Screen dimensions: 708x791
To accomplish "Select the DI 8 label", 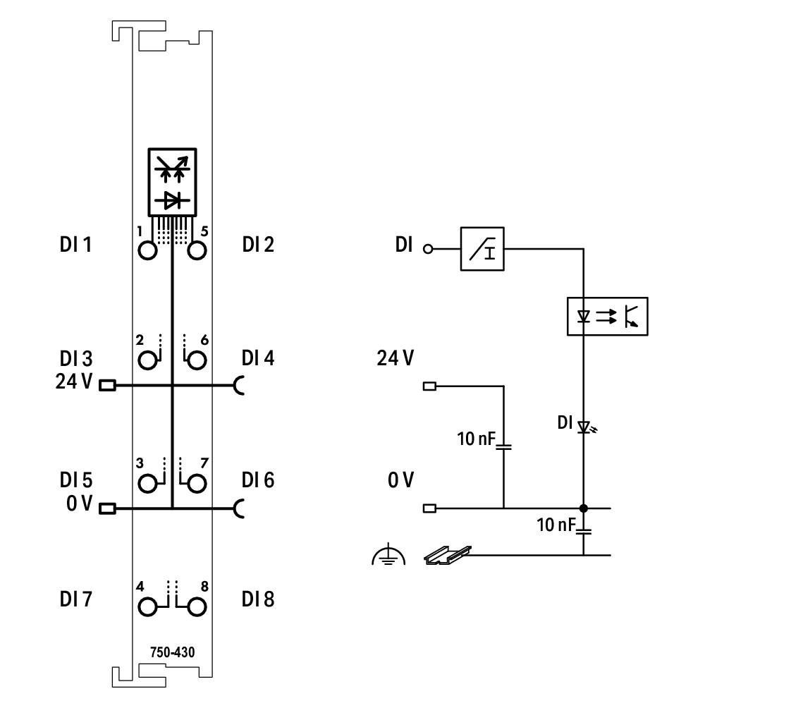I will coord(258,599).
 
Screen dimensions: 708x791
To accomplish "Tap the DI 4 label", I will coord(258,358).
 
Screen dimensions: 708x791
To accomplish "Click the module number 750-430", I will coord(172,652).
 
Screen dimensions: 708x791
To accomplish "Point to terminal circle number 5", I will coord(196,251).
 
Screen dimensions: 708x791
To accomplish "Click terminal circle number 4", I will coord(147,606).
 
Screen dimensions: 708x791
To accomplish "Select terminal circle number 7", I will coord(196,484).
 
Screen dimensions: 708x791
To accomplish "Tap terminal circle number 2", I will coord(147,362).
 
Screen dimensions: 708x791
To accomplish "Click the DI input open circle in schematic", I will coord(427,249).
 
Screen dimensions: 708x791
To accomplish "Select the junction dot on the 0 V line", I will coord(584,508).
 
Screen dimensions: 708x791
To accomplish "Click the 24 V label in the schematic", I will coord(395,358).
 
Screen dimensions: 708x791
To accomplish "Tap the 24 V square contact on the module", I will coord(107,386).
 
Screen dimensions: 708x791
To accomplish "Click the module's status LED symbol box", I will coord(172,182).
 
